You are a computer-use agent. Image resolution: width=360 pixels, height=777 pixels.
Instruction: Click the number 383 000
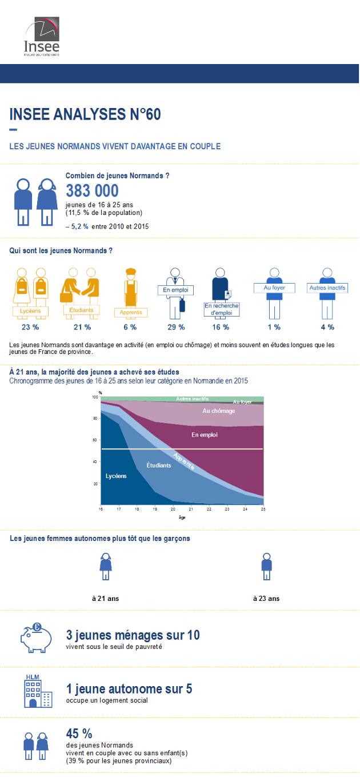(x=92, y=190)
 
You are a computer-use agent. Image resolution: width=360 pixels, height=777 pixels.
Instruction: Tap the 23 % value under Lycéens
(x=30, y=327)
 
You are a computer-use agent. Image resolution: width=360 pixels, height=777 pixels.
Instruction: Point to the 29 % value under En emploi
(x=177, y=327)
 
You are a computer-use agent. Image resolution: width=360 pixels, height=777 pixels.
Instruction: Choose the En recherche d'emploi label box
(x=222, y=309)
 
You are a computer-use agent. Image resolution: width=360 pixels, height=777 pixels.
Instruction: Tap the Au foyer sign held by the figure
(x=274, y=288)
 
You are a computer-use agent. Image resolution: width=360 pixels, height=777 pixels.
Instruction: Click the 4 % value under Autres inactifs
(x=327, y=327)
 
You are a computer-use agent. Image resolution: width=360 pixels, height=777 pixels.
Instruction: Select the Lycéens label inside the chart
(x=115, y=476)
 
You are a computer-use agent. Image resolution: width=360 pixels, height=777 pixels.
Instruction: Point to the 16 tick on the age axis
(x=101, y=509)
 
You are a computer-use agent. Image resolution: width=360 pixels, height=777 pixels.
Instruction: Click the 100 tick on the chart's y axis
(x=95, y=397)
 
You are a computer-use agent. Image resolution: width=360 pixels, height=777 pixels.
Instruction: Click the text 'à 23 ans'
(x=266, y=599)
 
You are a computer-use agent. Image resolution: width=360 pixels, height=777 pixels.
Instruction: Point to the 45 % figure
(x=79, y=734)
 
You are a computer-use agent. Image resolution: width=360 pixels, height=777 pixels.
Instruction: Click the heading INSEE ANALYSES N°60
(x=85, y=114)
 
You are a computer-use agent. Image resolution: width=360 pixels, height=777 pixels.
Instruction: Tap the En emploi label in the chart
(x=205, y=435)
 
